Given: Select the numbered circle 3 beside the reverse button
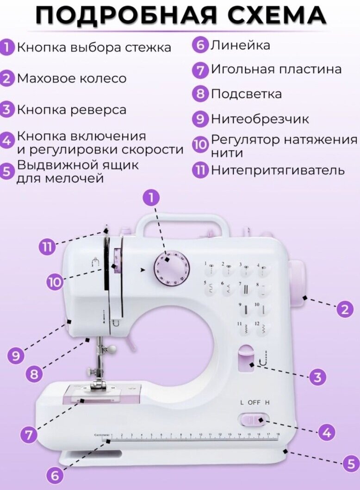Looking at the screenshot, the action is (x=317, y=377).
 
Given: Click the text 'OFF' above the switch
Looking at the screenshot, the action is (x=254, y=402).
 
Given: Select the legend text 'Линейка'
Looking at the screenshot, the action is (x=241, y=45).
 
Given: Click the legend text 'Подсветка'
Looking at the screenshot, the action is (x=246, y=94).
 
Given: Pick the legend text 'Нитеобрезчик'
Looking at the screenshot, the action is (x=260, y=119).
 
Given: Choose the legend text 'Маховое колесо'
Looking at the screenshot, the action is (x=71, y=78).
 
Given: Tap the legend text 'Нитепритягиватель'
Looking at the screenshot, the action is (x=278, y=170).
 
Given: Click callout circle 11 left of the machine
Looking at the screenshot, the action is (x=47, y=248).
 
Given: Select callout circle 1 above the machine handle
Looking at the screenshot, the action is (x=151, y=198).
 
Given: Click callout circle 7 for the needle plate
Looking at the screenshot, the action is (x=29, y=434).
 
